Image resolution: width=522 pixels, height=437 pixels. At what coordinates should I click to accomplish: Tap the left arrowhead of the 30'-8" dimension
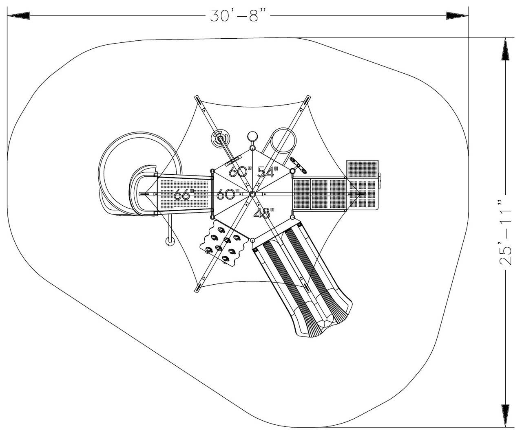coord(18,15)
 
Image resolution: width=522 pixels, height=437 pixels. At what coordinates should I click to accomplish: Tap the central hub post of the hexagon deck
coord(252,194)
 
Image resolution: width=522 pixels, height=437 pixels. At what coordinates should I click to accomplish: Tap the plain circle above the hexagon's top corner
coord(252,136)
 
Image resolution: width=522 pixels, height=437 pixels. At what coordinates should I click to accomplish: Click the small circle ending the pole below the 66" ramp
coord(169,241)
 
